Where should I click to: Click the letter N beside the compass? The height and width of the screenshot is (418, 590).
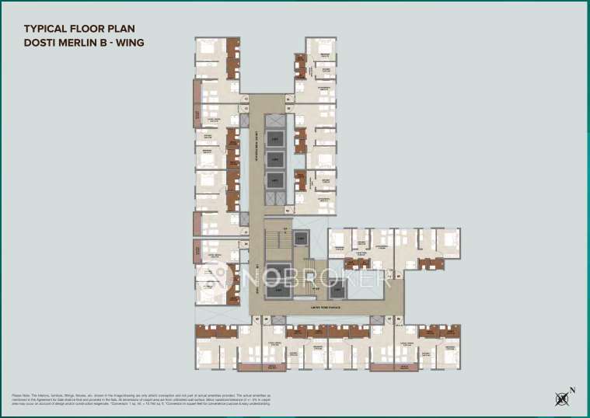coord(572,389)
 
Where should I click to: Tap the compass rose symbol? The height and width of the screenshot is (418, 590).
coord(562,399)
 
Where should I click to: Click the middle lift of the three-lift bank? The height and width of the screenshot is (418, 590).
coord(275,159)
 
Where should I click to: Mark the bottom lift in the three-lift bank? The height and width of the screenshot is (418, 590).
coord(275,179)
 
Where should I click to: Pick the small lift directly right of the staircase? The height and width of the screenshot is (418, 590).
coord(301,239)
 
